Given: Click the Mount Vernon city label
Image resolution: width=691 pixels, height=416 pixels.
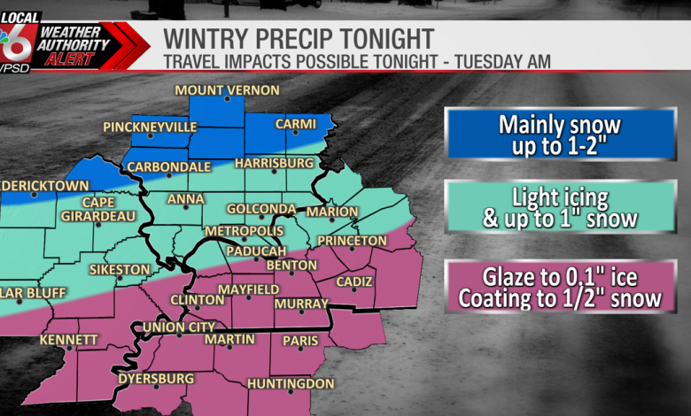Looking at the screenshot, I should coord(227,90).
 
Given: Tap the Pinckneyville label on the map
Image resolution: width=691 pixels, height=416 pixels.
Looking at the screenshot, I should coord(162,127).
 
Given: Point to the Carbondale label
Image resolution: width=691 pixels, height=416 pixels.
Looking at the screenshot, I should coord(169,166).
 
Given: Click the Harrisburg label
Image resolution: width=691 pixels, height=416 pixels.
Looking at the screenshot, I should coord(275,164).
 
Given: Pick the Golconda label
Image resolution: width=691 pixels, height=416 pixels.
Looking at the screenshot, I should coord(261,209).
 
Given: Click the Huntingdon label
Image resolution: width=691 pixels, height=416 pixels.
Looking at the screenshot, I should coord(291,384).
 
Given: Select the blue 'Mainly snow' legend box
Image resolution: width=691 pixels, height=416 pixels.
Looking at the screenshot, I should coord(559,134).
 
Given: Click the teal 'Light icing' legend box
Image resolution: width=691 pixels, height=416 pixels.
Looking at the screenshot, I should coord(559,210).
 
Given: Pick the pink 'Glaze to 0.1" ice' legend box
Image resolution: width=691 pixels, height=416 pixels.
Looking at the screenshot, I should coord(559,287).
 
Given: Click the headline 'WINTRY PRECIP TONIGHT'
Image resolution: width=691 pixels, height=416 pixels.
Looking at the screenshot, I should coord(299,38).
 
